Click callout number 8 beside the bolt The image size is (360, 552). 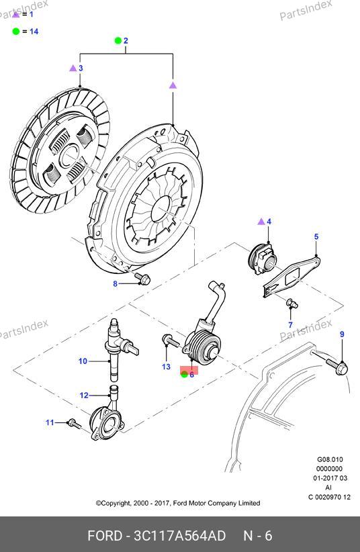pyautogui.click(x=115, y=283)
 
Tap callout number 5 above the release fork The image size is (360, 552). pyautogui.click(x=316, y=236)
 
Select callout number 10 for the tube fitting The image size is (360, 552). pyautogui.click(x=83, y=361)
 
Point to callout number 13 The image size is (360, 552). pyautogui.click(x=166, y=367)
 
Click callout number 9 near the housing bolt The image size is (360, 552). pyautogui.click(x=342, y=334)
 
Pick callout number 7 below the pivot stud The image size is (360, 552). pyautogui.click(x=291, y=324)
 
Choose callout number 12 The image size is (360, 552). pyautogui.click(x=84, y=396)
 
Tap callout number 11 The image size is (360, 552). pyautogui.click(x=50, y=422)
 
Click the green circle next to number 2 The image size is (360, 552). pyautogui.click(x=118, y=41)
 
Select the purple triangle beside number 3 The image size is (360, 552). pyautogui.click(x=73, y=68)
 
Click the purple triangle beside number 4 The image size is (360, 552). pyautogui.click(x=261, y=222)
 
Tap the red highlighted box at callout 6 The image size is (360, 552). pyautogui.click(x=189, y=370)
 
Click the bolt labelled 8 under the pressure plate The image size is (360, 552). pyautogui.click(x=144, y=279)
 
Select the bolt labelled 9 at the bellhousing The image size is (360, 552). pyautogui.click(x=336, y=366)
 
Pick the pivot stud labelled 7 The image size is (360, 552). pyautogui.click(x=292, y=304)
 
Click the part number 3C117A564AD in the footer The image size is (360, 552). pyautogui.click(x=179, y=536)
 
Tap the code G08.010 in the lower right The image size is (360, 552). pyautogui.click(x=330, y=459)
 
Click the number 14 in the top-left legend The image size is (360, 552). pyautogui.click(x=34, y=32)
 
